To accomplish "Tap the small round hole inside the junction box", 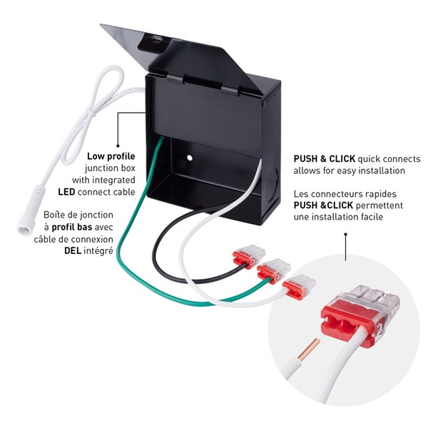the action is coord(190,158).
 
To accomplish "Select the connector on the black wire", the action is coord(249,255).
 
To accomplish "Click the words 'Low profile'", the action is coord(111,156).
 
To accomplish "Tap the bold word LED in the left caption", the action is coord(66,192).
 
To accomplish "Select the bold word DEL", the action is coord(73,250).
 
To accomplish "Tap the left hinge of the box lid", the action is coord(175,79).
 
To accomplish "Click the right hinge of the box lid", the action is coord(230,90).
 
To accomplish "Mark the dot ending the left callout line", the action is coord(118,146).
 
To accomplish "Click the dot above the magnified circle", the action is coord(345,234).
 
